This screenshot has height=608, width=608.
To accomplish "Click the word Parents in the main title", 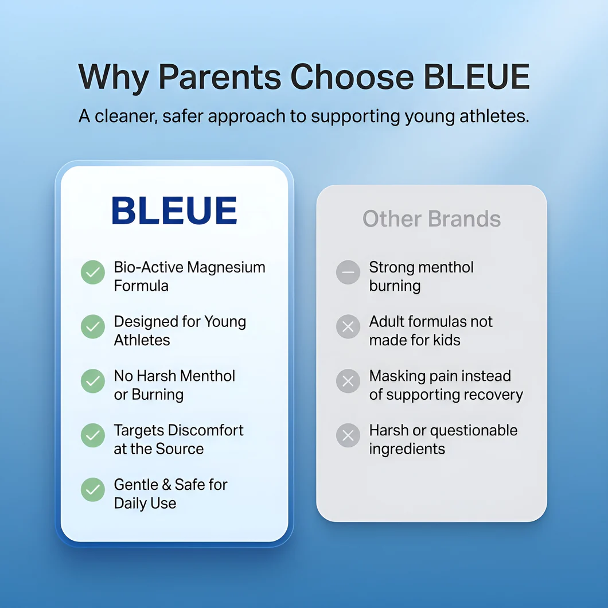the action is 220,76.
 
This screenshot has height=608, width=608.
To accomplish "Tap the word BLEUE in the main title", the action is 477,76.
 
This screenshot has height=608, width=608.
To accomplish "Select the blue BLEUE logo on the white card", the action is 174,210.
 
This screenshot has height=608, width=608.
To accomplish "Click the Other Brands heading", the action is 431,219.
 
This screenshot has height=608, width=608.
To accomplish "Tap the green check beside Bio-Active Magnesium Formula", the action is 93,272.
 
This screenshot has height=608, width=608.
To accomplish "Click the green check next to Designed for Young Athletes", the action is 93,326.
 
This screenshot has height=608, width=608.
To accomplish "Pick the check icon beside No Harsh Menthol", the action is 93,381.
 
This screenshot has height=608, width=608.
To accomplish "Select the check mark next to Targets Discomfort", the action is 93,435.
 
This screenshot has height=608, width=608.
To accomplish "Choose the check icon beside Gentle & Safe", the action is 93,489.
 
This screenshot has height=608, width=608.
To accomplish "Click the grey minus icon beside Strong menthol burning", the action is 348,272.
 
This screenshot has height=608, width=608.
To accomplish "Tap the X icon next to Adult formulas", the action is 348,326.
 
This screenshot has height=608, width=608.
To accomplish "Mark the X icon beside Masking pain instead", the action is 348,381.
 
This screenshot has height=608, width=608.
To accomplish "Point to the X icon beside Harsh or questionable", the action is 348,435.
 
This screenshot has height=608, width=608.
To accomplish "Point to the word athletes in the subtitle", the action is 494,116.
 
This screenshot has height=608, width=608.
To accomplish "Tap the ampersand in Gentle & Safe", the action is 166,485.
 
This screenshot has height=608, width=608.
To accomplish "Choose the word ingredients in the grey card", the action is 407,450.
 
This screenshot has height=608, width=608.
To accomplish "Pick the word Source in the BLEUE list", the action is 180,449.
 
